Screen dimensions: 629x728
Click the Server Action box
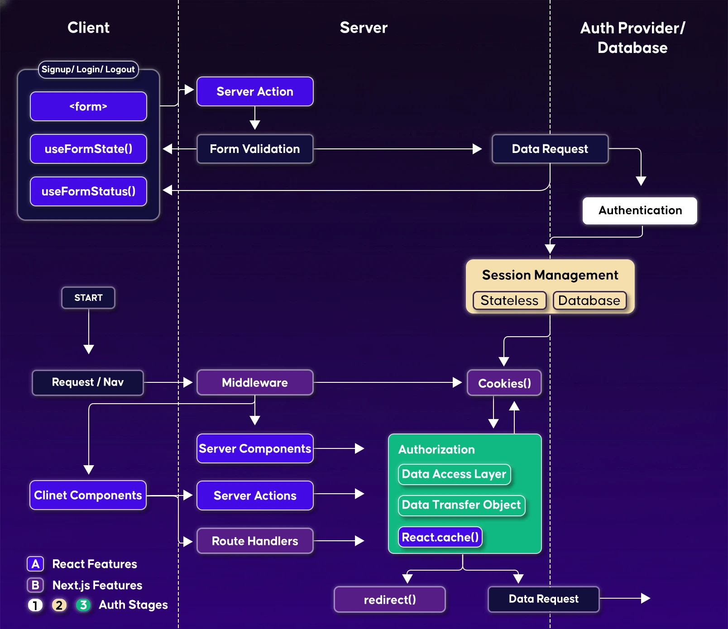pyautogui.click(x=255, y=91)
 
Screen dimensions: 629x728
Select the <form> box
pyautogui.click(x=88, y=106)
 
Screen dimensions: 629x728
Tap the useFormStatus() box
pyautogui.click(x=88, y=191)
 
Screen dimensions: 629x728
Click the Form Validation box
pyautogui.click(x=255, y=149)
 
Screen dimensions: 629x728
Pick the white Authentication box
pyautogui.click(x=640, y=210)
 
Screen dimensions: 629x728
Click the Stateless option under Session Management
pyautogui.click(x=509, y=300)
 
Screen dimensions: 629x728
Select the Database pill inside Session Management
pyautogui.click(x=589, y=300)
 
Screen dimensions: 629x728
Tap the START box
pyautogui.click(x=88, y=298)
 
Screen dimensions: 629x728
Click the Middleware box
pyautogui.click(x=255, y=383)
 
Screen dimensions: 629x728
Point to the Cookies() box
pyautogui.click(x=504, y=383)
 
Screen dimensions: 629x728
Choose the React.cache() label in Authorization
pyautogui.click(x=440, y=537)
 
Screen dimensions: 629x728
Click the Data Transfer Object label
pyautogui.click(x=461, y=505)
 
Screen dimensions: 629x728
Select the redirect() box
pyautogui.click(x=389, y=600)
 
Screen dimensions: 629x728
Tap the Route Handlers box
pyautogui.click(x=255, y=541)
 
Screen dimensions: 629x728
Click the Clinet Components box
pyautogui.click(x=88, y=495)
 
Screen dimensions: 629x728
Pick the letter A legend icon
pyautogui.click(x=35, y=564)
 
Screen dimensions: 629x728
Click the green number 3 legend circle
pyautogui.click(x=83, y=605)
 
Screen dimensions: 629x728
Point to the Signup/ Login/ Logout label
pyautogui.click(x=88, y=69)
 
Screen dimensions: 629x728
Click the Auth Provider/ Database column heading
pyautogui.click(x=632, y=38)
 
